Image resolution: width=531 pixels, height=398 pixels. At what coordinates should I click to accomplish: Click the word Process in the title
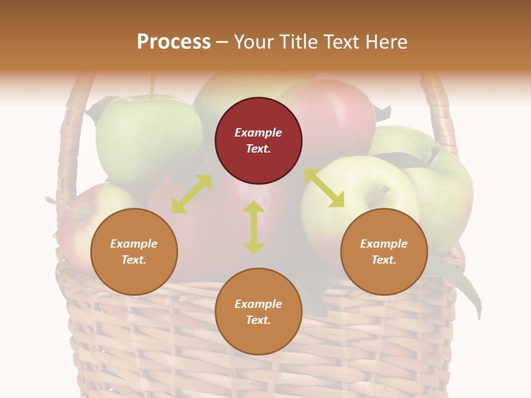174,42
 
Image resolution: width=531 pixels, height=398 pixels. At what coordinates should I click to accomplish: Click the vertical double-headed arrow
253,227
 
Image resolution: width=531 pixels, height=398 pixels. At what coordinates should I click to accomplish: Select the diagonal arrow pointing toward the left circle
191,194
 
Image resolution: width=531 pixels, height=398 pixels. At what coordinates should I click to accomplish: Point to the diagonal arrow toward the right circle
324,188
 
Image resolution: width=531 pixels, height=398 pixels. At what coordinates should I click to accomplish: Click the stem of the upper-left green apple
152,86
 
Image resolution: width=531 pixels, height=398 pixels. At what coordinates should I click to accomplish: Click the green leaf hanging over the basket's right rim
462,287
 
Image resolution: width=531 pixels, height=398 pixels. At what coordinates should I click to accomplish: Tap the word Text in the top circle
258,149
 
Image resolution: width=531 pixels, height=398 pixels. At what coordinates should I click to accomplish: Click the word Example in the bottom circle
258,304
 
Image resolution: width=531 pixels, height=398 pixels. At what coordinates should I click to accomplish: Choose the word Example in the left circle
134,244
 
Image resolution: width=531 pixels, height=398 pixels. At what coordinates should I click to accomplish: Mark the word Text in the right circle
384,260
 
